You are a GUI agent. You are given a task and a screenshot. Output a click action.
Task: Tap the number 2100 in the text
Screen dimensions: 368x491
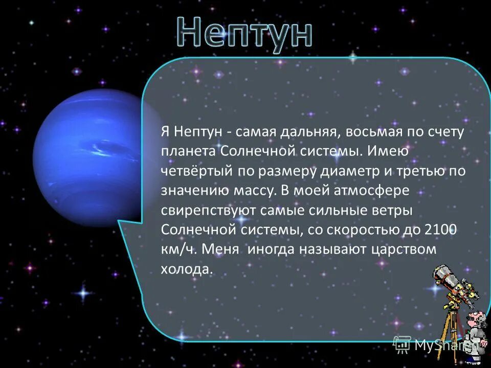tap(440, 230)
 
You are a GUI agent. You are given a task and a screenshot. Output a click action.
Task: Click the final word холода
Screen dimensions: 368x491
tap(186, 269)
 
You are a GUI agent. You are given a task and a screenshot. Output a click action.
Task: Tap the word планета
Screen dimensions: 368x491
tap(189, 152)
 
